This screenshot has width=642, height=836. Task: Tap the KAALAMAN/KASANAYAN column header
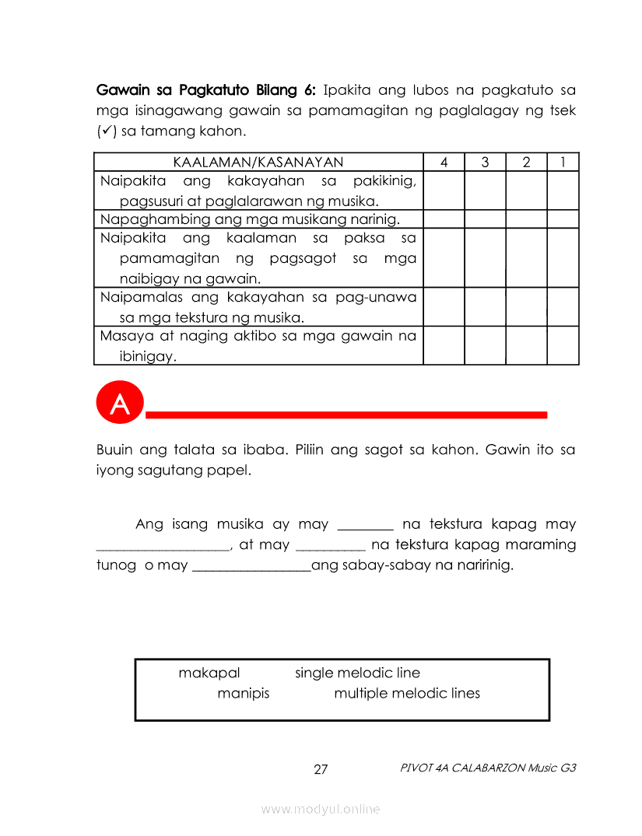click(x=258, y=163)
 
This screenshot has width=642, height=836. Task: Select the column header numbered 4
click(x=444, y=163)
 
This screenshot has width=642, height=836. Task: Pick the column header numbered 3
click(x=485, y=163)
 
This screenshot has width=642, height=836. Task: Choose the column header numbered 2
click(x=526, y=163)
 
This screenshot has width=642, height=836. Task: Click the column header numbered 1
click(x=563, y=163)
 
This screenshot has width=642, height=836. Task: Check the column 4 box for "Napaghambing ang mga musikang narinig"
click(x=444, y=219)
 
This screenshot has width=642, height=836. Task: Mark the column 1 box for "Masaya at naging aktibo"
click(x=563, y=345)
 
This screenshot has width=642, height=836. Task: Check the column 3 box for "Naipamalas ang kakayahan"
click(x=485, y=306)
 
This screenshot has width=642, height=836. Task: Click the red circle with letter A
click(x=120, y=404)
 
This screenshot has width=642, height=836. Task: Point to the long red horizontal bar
click(x=346, y=415)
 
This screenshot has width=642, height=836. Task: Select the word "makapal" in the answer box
click(x=209, y=673)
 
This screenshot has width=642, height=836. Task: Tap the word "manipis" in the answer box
click(x=244, y=694)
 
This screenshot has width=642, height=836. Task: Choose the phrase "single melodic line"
click(x=357, y=673)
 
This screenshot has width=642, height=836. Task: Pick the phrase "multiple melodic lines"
click(x=407, y=694)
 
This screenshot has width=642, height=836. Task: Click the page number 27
click(x=321, y=770)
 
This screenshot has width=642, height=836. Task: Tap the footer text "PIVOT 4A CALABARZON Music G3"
click(x=488, y=768)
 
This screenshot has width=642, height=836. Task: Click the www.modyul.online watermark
click(x=321, y=810)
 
